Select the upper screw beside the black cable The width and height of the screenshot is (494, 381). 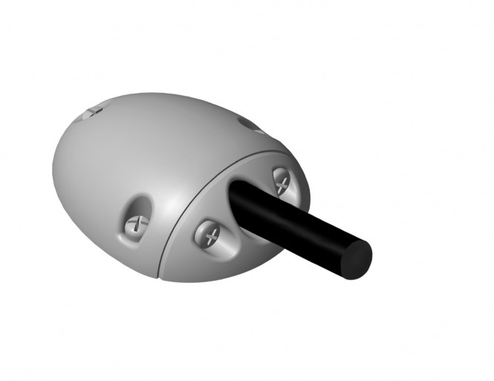pos(282,180)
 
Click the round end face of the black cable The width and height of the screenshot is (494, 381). pos(357,257)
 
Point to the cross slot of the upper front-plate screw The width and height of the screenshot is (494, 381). pos(282,180)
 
